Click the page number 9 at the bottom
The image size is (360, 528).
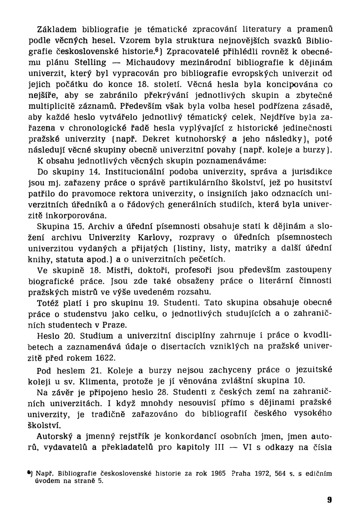point(329,500)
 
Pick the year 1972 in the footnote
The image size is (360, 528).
point(261,473)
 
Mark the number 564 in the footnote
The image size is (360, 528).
point(280,473)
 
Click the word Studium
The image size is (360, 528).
point(97,335)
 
